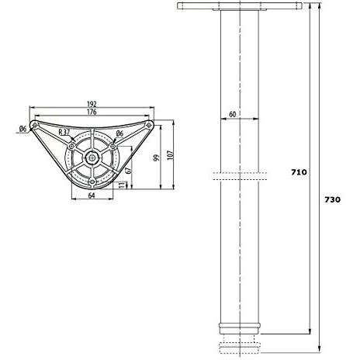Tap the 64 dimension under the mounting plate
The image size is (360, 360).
[92, 196]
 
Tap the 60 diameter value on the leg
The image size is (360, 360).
[232, 115]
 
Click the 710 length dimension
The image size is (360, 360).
[298, 171]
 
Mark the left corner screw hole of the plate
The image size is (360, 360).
[35, 126]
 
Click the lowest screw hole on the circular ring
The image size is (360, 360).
[92, 182]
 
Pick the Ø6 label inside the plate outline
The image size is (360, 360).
[119, 133]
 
